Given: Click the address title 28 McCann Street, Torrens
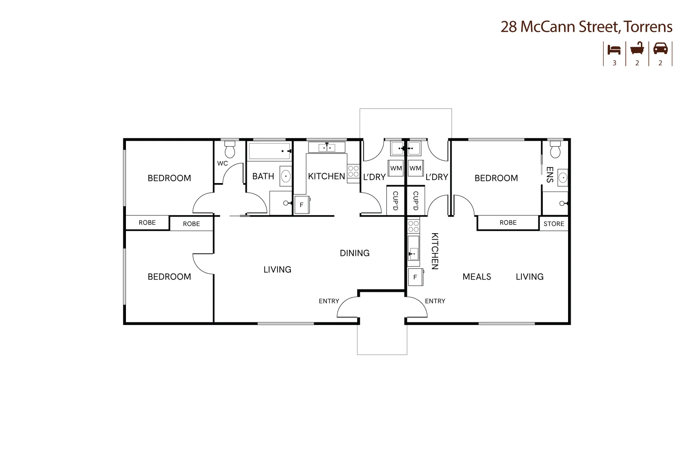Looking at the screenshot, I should pos(586,27).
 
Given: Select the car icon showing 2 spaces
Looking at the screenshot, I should pos(660,48).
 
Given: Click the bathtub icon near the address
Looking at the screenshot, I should pos(637,48).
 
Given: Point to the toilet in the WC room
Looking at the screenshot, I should pos(230,150).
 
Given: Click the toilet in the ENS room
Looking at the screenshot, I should pos(556,150).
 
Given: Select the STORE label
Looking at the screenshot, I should pos(553,224).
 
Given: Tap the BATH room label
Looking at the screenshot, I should pos(263,176).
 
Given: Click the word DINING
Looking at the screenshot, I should pos(354,253).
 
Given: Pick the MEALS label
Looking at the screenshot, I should pos(476,277).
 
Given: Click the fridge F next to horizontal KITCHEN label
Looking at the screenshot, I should pos(302,205).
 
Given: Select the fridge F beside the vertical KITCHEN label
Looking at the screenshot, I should pos(415,277).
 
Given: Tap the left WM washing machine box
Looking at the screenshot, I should pos(396,168).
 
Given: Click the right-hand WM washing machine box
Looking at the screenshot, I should pos(415,168).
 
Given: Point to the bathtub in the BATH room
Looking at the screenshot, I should pos(269,151).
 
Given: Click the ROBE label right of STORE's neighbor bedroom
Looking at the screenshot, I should pos(508,222).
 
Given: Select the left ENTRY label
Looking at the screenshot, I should pos(329,301).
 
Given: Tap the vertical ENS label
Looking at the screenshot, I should pos(550,175).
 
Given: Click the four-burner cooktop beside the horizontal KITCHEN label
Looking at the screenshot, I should pos(353,171).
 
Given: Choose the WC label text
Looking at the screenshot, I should pos(222,163).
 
